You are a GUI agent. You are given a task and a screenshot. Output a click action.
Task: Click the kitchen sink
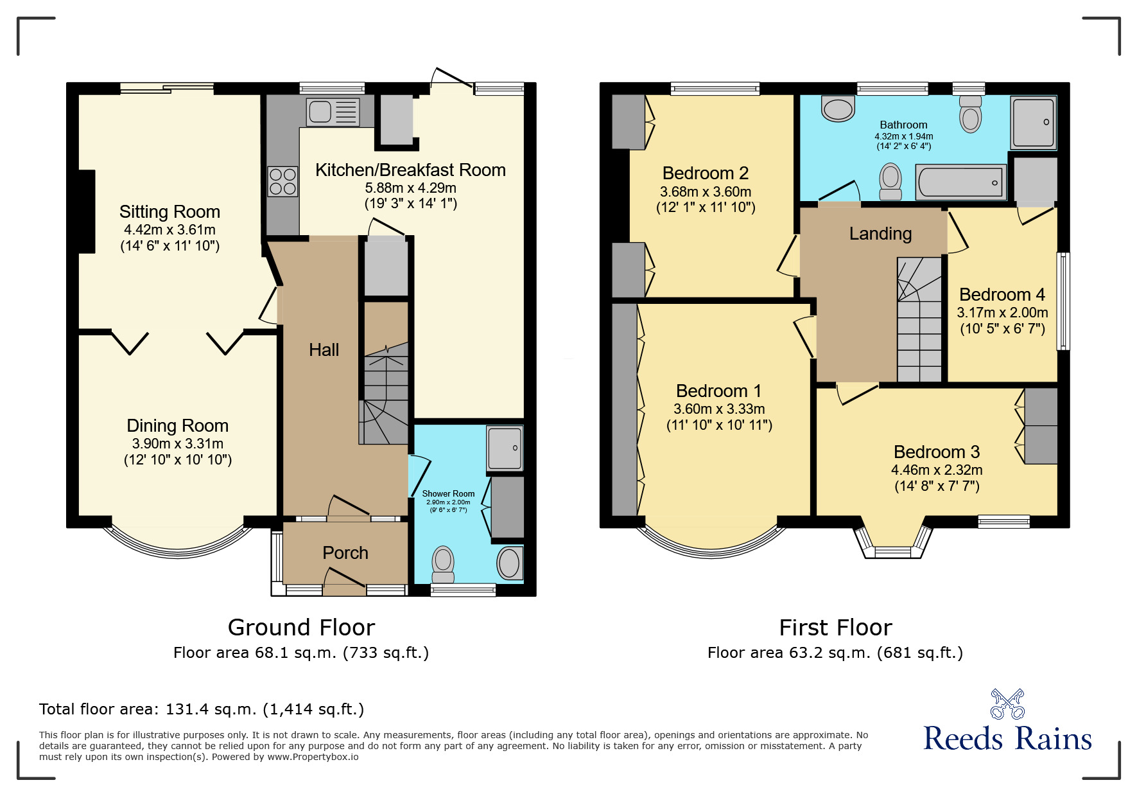pos(333,112)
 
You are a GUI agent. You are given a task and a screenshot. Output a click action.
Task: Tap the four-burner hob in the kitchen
pos(282,181)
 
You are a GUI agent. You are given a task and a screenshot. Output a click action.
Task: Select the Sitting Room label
pos(169,212)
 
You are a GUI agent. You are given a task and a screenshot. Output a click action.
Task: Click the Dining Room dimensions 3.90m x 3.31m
pos(178,443)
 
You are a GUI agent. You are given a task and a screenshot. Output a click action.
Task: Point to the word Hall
pos(324,350)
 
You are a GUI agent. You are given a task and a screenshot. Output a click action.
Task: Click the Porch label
pos(345,553)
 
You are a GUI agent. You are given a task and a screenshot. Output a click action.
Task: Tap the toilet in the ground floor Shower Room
pos(443,564)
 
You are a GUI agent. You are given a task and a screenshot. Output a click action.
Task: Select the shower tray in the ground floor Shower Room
pos(505,448)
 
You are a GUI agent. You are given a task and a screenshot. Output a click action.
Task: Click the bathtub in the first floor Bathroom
pos(960,182)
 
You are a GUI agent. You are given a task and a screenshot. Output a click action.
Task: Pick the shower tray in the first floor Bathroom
pos(1034,122)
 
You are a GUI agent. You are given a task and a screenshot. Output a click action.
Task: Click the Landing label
pos(880,234)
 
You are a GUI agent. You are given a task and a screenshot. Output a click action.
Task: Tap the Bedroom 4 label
pos(1002,295)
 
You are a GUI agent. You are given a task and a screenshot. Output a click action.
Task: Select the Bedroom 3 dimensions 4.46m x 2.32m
pos(937,470)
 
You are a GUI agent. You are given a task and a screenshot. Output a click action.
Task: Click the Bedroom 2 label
pos(706,173)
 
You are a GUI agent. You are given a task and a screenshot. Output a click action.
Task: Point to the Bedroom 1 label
pos(718,391)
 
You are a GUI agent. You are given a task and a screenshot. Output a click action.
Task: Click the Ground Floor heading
pos(301,628)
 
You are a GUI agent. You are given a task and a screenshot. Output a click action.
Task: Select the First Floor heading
pos(835,628)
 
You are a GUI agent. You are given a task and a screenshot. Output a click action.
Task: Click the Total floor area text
pos(202,709)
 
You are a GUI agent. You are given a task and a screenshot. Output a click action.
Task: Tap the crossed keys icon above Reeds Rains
pos(1007,704)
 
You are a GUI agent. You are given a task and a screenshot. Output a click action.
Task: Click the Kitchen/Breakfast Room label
pos(410,170)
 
